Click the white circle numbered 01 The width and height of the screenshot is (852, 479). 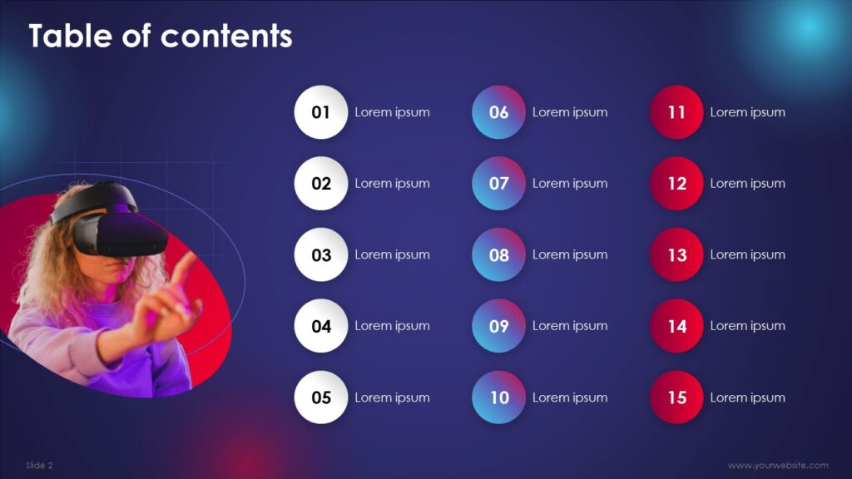[x=320, y=112]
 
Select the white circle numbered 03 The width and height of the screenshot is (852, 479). [x=320, y=254]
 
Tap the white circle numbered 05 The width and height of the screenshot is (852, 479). [x=320, y=398]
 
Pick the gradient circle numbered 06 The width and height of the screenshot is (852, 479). [x=499, y=112]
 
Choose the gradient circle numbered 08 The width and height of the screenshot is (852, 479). [x=499, y=254]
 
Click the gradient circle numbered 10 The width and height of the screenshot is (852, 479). [x=499, y=398]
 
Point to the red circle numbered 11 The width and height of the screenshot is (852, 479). [x=676, y=112]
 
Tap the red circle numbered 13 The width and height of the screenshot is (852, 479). [x=676, y=254]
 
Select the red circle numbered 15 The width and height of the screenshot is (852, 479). [x=676, y=398]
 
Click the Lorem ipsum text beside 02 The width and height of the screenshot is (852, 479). [x=393, y=184]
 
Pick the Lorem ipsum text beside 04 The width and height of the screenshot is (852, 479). [x=393, y=326]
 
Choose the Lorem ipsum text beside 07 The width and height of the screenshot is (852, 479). [x=570, y=184]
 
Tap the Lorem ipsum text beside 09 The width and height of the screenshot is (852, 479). [x=570, y=326]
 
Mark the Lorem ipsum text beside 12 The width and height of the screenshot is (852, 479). [x=748, y=184]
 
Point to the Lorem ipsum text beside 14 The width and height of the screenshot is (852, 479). [x=748, y=326]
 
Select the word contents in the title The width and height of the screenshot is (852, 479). [x=226, y=37]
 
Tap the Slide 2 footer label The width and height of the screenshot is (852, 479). [x=39, y=466]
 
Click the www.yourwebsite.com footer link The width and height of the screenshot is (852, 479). [x=778, y=466]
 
